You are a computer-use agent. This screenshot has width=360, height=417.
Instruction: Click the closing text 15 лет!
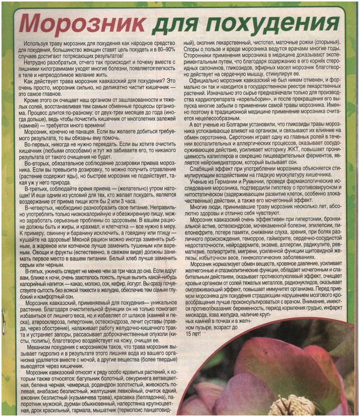[193, 333]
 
